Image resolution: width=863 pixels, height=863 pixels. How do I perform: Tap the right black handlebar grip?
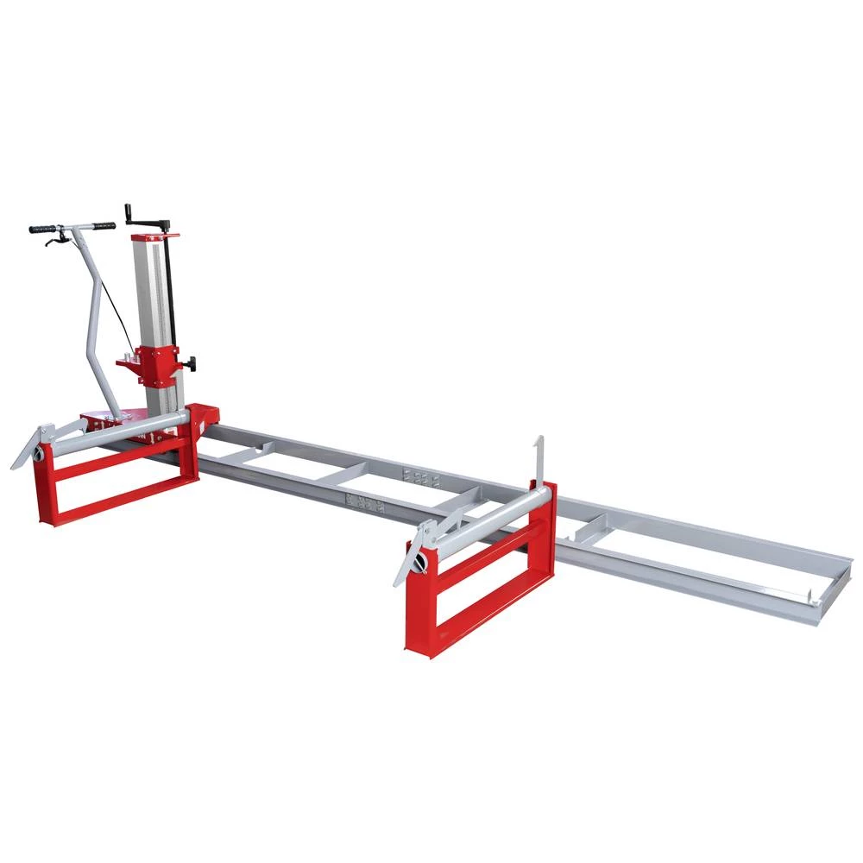104,226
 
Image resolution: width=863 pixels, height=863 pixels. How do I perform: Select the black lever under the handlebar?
54,241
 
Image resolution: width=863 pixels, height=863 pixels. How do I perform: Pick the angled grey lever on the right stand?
411,557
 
